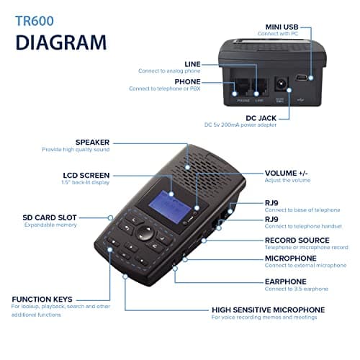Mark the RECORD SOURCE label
point(297,240)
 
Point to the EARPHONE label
point(285,282)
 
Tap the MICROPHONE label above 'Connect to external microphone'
point(290,258)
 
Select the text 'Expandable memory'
point(50,225)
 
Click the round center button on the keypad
point(145,233)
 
